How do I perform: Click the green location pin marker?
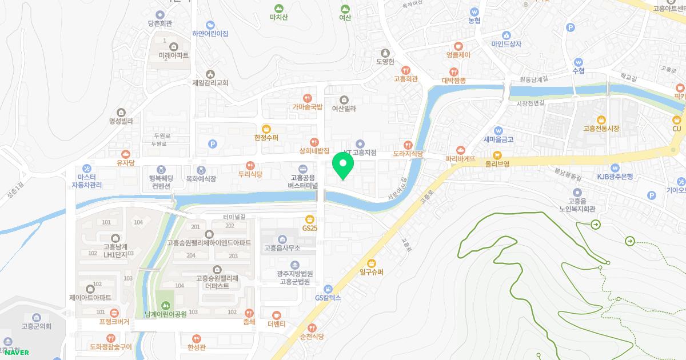click(343, 165)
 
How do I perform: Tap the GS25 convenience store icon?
click(309, 218)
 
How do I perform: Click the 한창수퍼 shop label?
click(266, 138)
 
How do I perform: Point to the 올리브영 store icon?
click(497, 154)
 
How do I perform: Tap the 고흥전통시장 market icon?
click(601, 119)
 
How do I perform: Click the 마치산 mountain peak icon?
click(278, 9)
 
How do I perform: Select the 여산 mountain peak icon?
click(345, 9)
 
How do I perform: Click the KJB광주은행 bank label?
click(615, 177)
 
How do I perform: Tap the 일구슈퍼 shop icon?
click(372, 263)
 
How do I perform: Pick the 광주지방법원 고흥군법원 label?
click(294, 277)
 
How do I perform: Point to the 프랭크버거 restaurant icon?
click(114, 313)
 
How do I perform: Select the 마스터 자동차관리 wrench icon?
click(87, 169)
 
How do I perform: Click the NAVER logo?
click(17, 353)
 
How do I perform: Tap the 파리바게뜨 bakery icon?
click(461, 150)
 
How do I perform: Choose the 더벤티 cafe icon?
click(277, 315)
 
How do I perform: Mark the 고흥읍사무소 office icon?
click(282, 239)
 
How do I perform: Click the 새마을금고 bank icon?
click(498, 130)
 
